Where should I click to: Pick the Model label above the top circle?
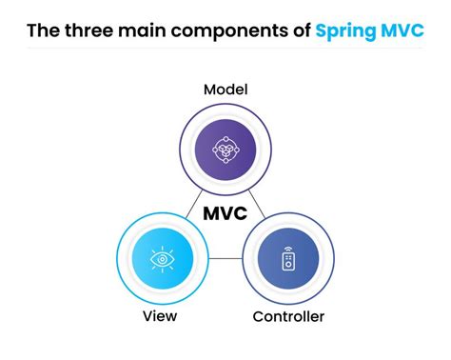225,90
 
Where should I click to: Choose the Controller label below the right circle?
288,315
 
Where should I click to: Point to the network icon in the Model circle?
225,149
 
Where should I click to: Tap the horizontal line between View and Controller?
226,258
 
